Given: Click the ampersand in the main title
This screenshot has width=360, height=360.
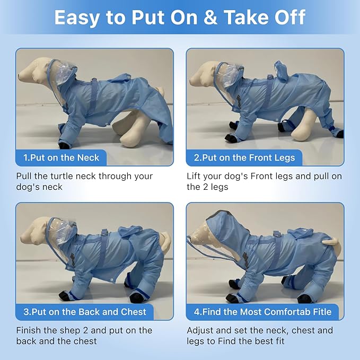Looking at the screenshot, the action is [x=210, y=17].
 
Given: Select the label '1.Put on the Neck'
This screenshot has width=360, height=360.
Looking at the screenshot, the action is [x=61, y=157].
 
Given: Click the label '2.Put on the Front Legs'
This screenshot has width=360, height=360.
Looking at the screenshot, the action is [x=244, y=157].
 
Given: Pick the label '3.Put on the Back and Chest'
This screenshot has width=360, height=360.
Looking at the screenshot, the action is [x=85, y=312].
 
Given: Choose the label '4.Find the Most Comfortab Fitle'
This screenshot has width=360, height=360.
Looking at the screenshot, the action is [x=262, y=312].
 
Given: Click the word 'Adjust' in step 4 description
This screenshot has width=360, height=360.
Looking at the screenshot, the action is [x=200, y=331].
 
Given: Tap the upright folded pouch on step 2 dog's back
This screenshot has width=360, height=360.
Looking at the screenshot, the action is [x=282, y=70].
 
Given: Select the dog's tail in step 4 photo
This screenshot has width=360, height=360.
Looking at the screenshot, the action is [x=331, y=242].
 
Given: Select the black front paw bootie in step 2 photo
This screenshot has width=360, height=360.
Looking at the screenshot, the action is [x=231, y=138].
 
